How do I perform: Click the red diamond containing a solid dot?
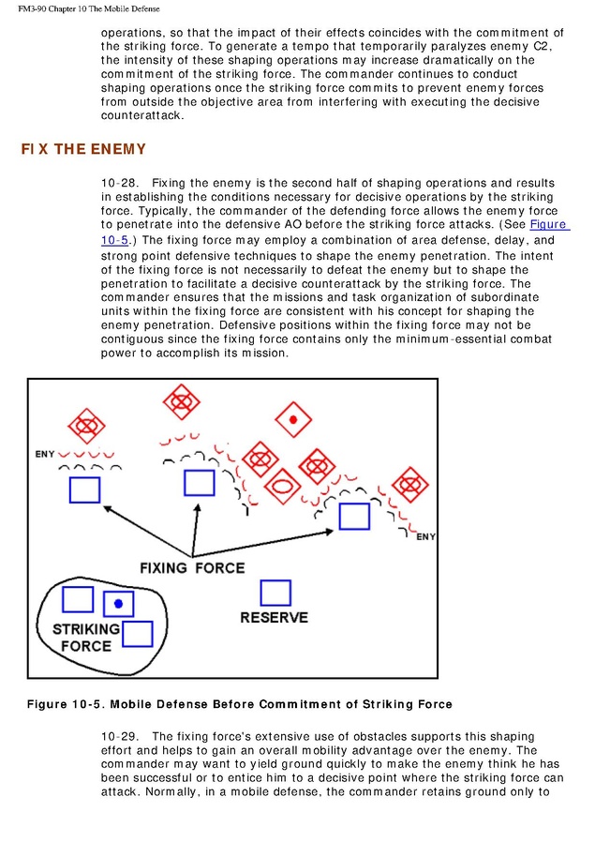point(293,418)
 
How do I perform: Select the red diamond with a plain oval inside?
point(281,486)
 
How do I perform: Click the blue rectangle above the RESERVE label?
point(275,593)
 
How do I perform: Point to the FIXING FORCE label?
point(192,567)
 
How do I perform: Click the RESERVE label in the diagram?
point(274,618)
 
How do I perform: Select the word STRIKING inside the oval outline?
point(86,629)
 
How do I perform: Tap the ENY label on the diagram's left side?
point(45,454)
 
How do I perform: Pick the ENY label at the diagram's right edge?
point(425,536)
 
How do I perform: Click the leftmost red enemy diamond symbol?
point(87,426)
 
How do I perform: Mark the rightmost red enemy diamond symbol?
point(409,485)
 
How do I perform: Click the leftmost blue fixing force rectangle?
point(84,489)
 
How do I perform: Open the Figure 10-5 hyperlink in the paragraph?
point(549,225)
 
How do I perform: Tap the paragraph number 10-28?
point(119,183)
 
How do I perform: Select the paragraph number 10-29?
point(119,737)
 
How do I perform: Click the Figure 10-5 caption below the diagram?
point(239,704)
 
